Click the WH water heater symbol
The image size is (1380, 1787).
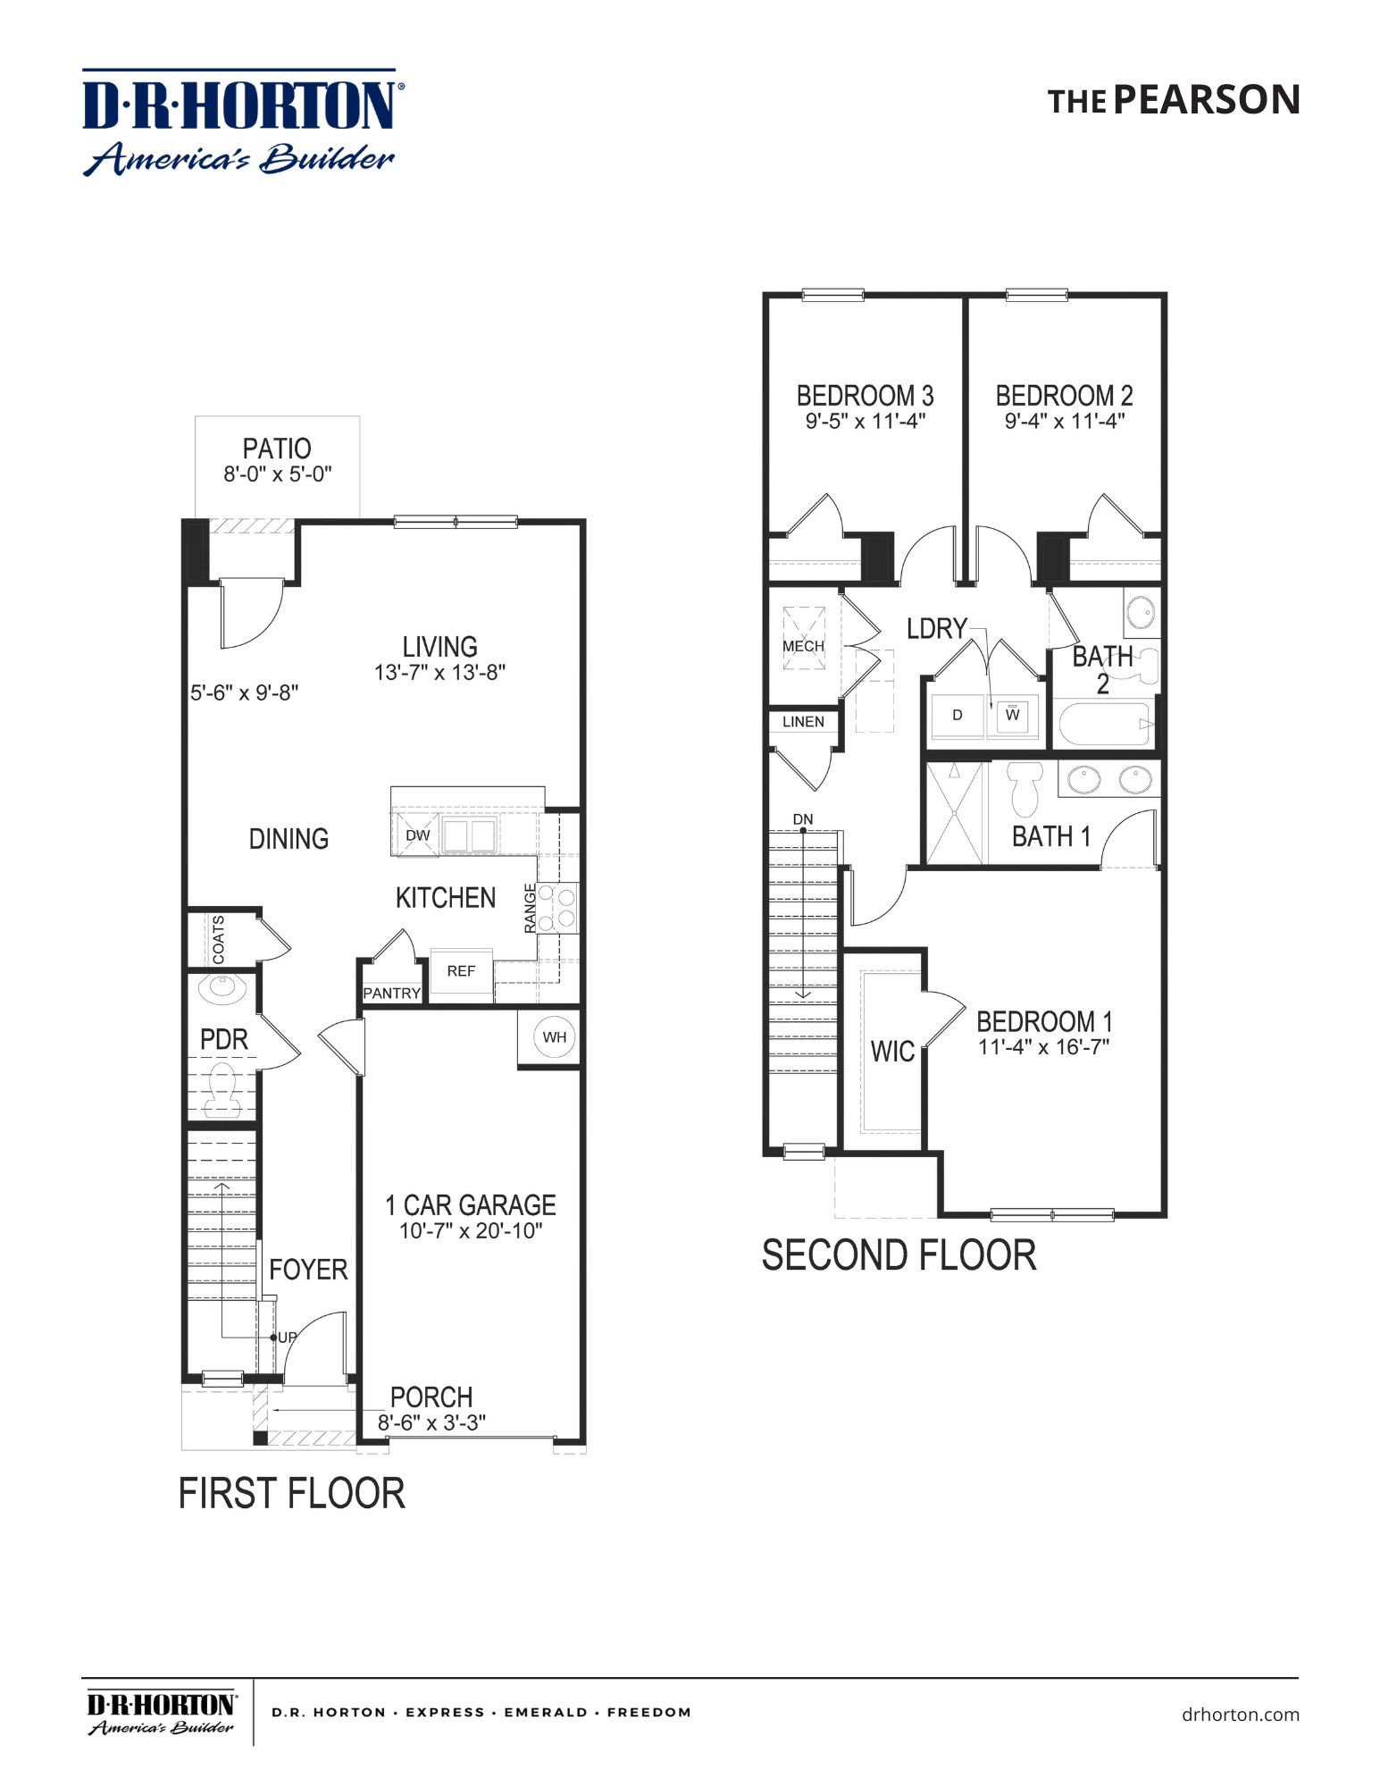554,1037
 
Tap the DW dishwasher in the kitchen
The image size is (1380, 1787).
417,835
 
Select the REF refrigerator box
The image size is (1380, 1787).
461,971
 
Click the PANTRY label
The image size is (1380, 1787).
391,994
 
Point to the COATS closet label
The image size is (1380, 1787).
219,939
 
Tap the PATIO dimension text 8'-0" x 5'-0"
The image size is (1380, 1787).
277,474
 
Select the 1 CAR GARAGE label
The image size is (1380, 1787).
470,1205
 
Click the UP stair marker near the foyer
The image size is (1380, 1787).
286,1338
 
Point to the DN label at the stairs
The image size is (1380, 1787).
802,819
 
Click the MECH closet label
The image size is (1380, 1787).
803,646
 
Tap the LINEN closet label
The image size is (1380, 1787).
803,722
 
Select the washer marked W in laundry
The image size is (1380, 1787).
1012,715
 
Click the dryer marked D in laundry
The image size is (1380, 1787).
957,715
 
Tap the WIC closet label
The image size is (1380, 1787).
891,1052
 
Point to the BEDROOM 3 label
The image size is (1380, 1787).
865,395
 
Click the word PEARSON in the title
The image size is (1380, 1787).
1206,100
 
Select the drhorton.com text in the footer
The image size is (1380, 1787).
1240,1715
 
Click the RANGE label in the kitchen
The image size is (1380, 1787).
531,908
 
